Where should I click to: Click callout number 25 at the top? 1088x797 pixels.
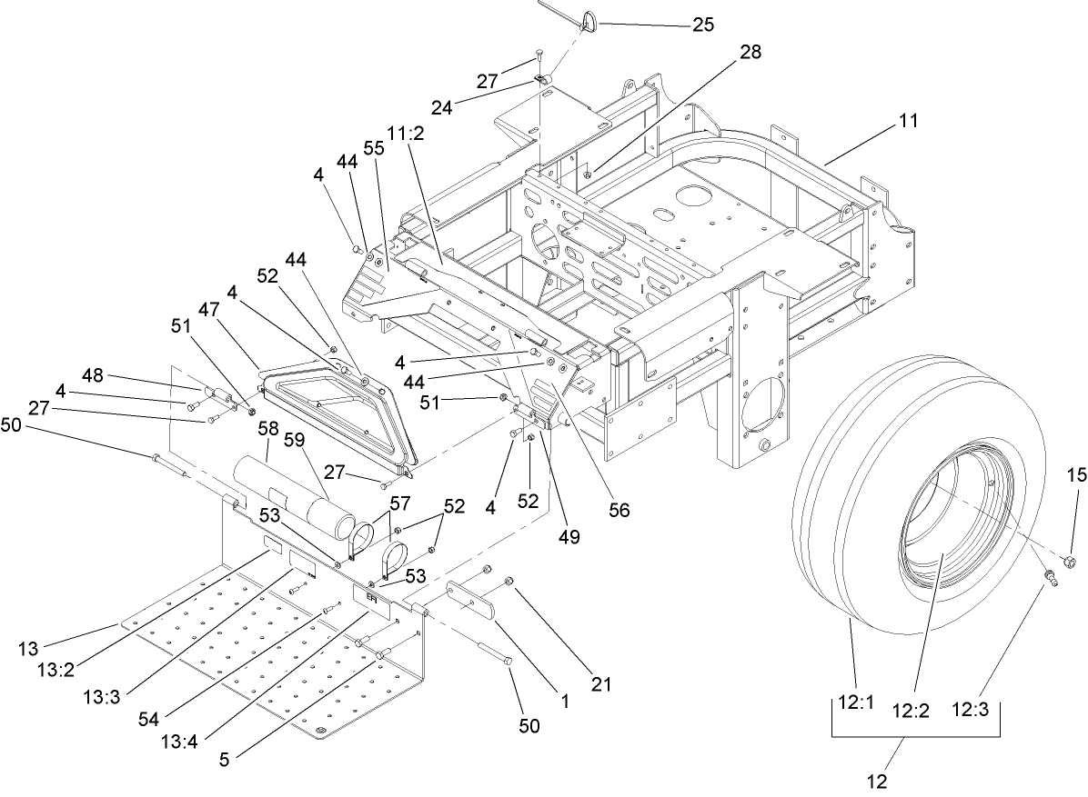(x=703, y=25)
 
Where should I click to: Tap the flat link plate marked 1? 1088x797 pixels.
(x=472, y=602)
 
